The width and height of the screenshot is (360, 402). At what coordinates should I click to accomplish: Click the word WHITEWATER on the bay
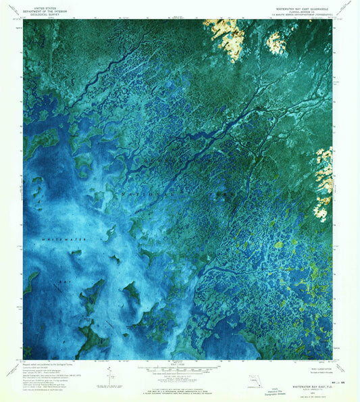(59, 241)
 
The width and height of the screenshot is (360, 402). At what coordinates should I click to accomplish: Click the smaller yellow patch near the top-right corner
(275, 43)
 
